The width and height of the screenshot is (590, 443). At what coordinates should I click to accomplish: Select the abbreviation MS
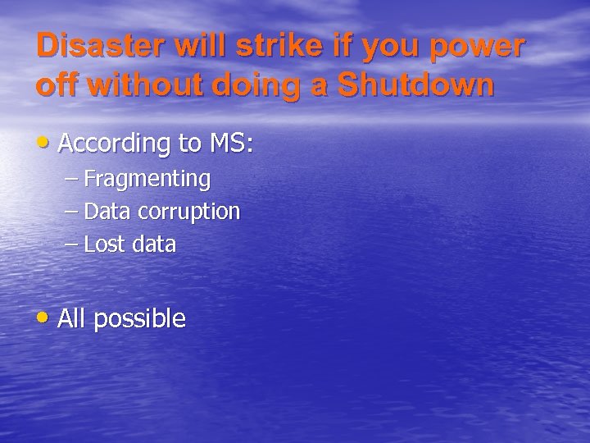coord(230,144)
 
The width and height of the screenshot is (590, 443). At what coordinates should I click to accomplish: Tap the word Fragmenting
coord(147,179)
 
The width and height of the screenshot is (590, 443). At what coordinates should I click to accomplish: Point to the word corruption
coord(188,212)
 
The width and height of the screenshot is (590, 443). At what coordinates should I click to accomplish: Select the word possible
coord(139,320)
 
